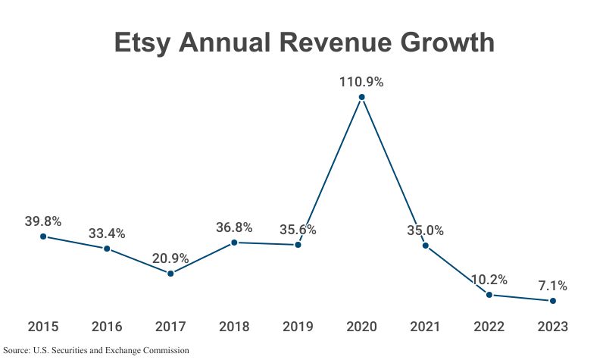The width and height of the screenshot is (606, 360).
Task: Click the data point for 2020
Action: (361, 97)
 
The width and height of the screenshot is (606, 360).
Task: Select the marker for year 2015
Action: (43, 236)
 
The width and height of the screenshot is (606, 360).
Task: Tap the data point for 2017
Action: (170, 274)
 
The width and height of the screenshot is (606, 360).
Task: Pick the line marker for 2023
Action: (552, 301)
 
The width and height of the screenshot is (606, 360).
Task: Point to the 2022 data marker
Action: (489, 295)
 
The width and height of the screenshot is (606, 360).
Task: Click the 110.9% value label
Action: (361, 82)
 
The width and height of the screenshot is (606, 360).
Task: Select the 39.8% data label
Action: (42, 221)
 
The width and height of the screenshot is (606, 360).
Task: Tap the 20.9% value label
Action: (170, 258)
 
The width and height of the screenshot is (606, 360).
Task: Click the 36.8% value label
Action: (234, 227)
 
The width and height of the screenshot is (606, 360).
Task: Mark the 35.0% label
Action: (425, 230)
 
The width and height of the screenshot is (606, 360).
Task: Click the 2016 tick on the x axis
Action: (107, 327)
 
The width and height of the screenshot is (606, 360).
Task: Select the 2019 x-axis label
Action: (298, 327)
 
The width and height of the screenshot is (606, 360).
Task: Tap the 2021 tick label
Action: (425, 327)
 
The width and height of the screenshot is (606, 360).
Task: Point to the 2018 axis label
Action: (234, 327)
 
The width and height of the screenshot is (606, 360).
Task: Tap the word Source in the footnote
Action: (17, 350)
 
